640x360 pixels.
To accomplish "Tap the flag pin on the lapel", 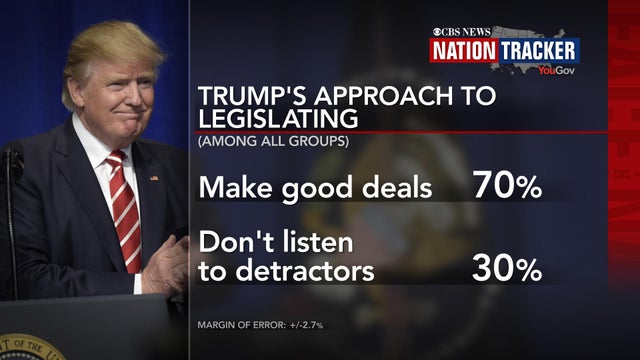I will [x=154, y=178].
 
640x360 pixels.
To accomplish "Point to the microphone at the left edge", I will [x=11, y=165].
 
